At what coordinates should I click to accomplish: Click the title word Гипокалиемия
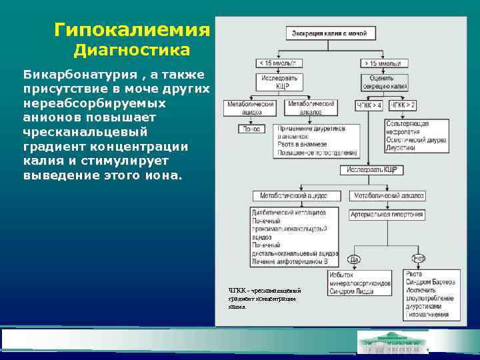132,30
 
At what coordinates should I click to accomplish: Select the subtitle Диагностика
131,51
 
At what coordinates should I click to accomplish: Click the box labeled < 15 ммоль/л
279,63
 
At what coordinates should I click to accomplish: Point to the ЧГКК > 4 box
369,105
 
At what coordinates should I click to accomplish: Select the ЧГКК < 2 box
402,105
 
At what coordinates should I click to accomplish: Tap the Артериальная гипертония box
387,215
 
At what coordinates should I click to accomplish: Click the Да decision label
354,259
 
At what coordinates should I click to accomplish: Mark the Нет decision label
419,259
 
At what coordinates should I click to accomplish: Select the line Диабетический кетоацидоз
289,212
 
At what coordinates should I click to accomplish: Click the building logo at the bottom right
393,343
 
